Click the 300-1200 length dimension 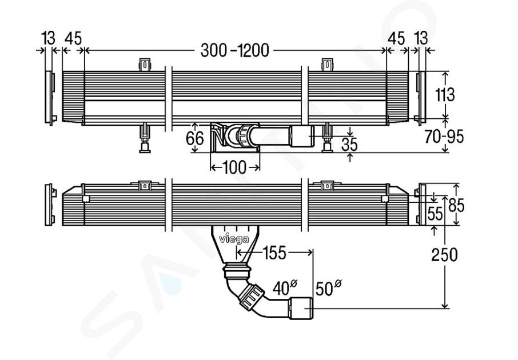[x=234, y=50]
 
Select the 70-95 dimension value [x=444, y=137]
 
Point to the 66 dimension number [x=195, y=138]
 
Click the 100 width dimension [x=234, y=167]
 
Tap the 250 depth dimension [x=444, y=254]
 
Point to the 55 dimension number [x=435, y=214]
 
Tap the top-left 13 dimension [x=49, y=38]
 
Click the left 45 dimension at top [x=73, y=38]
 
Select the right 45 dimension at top [x=397, y=38]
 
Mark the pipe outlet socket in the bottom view [x=300, y=309]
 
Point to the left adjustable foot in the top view [x=145, y=139]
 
